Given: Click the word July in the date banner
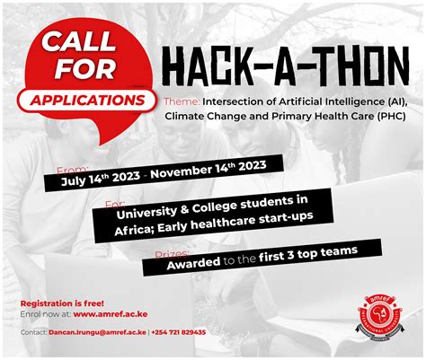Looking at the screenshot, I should click(77, 179).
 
